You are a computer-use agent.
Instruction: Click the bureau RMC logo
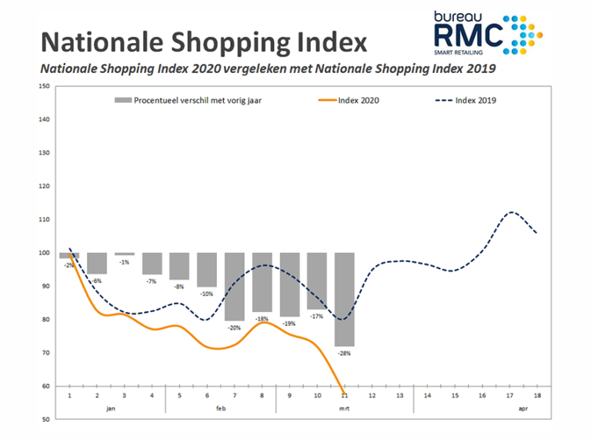coord(488,32)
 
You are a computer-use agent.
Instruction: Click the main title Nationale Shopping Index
coord(203,41)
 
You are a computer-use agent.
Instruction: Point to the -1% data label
coord(124,262)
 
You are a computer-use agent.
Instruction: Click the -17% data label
coord(316,316)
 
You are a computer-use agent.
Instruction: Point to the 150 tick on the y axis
coord(45,86)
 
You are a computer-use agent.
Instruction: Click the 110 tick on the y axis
coord(45,220)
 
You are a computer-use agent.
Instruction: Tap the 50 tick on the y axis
coord(45,420)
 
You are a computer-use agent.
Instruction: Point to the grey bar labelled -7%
coord(152,264)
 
